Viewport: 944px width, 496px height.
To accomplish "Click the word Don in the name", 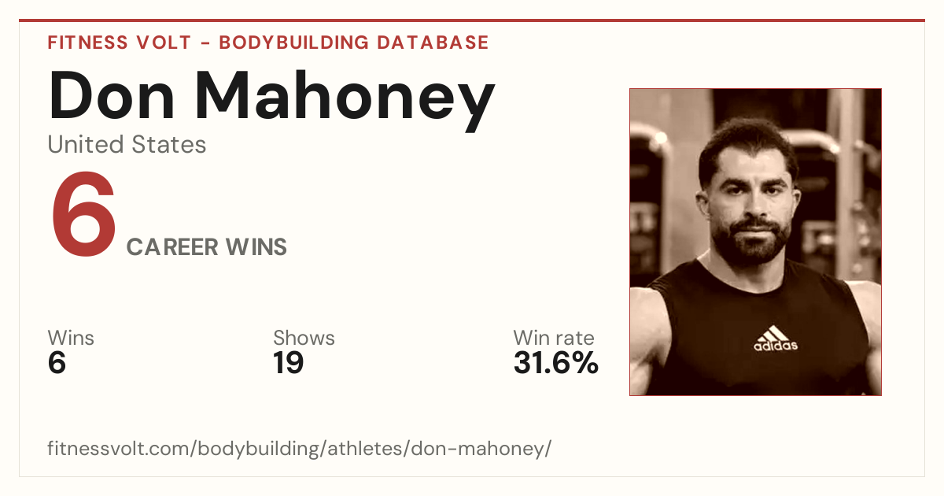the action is pos(111,96).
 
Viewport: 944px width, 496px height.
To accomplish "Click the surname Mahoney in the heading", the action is pos(345,102).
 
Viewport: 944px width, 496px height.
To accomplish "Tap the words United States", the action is pos(127,144).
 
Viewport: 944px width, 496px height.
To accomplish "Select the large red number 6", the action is pos(83,214).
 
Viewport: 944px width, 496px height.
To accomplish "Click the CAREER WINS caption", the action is pos(206,247).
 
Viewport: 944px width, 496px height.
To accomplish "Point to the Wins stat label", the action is pos(71,338).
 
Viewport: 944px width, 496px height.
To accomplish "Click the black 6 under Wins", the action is pos(57,363).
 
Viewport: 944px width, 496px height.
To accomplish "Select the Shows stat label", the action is pos(304,338).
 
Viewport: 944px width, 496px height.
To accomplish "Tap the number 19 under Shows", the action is pos(288,363).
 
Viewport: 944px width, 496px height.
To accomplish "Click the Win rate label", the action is pos(554,338).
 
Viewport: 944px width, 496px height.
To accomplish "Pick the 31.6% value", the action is pos(556,363).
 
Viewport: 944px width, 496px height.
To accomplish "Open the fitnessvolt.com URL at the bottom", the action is pos(299,448).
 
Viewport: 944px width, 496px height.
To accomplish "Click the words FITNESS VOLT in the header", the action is pos(120,43).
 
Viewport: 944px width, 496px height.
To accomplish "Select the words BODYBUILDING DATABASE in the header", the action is pos(354,43).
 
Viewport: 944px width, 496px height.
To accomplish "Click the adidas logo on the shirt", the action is pos(776,339).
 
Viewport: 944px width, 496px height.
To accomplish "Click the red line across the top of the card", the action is pos(472,20).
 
